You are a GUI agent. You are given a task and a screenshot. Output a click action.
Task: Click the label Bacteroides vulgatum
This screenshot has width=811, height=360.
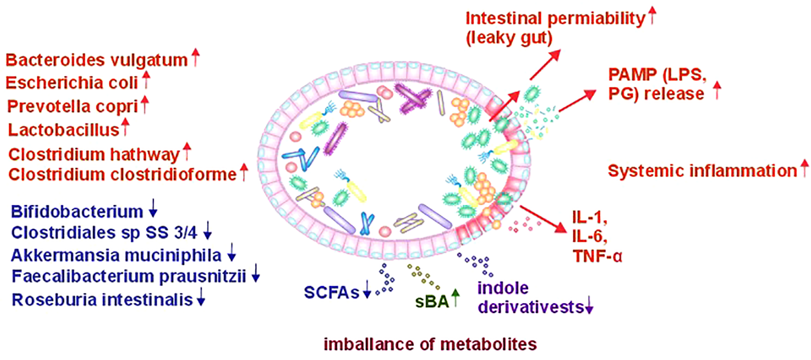(x=97, y=60)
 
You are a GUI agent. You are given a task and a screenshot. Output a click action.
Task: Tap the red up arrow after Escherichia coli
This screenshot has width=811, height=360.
(x=146, y=80)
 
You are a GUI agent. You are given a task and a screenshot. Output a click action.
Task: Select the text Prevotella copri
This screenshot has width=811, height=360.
(x=72, y=106)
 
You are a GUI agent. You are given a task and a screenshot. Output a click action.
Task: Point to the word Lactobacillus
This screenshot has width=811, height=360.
(x=64, y=130)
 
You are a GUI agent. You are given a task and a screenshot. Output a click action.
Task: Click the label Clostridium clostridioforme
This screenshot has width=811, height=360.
(x=122, y=174)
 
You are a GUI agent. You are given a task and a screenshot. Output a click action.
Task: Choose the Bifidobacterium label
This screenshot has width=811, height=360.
(x=77, y=211)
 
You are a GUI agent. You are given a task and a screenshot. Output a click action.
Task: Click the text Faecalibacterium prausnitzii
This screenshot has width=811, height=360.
(x=129, y=276)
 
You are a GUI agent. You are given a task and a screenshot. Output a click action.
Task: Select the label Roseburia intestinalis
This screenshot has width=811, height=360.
(x=102, y=300)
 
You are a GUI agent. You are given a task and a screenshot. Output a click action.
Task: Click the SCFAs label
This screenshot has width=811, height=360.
(x=331, y=292)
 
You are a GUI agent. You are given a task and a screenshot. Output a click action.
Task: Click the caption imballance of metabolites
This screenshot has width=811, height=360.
(x=430, y=344)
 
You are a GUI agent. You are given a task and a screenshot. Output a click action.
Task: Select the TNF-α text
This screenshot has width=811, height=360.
(x=597, y=256)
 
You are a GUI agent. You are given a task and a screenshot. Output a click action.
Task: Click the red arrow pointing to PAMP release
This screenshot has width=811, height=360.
(x=578, y=101)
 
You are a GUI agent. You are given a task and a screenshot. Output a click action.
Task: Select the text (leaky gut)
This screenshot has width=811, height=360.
(x=508, y=38)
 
